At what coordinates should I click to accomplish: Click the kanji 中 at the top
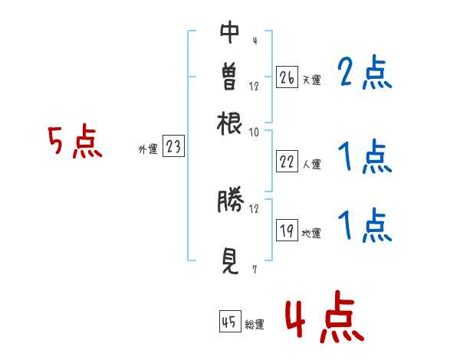click(x=229, y=32)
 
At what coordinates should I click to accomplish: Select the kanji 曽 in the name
click(x=229, y=76)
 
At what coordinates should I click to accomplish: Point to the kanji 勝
click(x=231, y=199)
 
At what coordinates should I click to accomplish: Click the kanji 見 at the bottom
click(x=230, y=261)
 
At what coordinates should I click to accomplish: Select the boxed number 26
click(x=287, y=77)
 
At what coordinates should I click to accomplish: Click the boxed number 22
click(x=287, y=162)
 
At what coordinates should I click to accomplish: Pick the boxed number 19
click(x=287, y=230)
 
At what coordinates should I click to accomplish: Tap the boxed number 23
click(x=173, y=146)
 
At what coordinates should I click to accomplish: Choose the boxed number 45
click(x=230, y=321)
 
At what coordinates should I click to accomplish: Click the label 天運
click(x=312, y=80)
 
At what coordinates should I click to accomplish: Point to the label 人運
click(x=312, y=164)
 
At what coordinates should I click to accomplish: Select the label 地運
click(x=311, y=234)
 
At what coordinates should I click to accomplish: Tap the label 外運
click(x=148, y=149)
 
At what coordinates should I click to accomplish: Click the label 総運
click(x=255, y=325)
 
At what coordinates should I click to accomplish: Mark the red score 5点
click(x=75, y=141)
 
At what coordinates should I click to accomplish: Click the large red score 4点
click(x=325, y=316)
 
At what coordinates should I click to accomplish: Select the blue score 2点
click(x=365, y=72)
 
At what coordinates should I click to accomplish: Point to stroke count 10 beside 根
click(x=254, y=133)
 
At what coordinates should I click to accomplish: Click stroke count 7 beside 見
click(x=255, y=270)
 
